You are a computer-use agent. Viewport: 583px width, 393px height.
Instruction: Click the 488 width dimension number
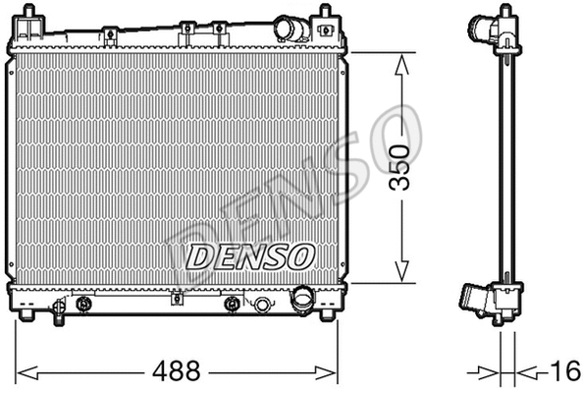click(x=179, y=372)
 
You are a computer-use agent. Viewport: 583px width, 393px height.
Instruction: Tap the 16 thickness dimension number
click(x=563, y=372)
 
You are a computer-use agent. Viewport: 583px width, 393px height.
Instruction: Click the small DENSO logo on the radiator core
click(x=249, y=256)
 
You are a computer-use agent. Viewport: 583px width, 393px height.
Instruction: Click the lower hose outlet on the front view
click(x=304, y=298)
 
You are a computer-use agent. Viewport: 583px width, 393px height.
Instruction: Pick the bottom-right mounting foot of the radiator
click(x=324, y=316)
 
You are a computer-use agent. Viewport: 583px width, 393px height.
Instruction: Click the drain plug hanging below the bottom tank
click(x=61, y=311)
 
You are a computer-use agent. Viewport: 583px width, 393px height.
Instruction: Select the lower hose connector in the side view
click(x=475, y=298)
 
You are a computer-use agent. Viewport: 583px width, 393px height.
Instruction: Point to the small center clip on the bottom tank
click(x=233, y=304)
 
